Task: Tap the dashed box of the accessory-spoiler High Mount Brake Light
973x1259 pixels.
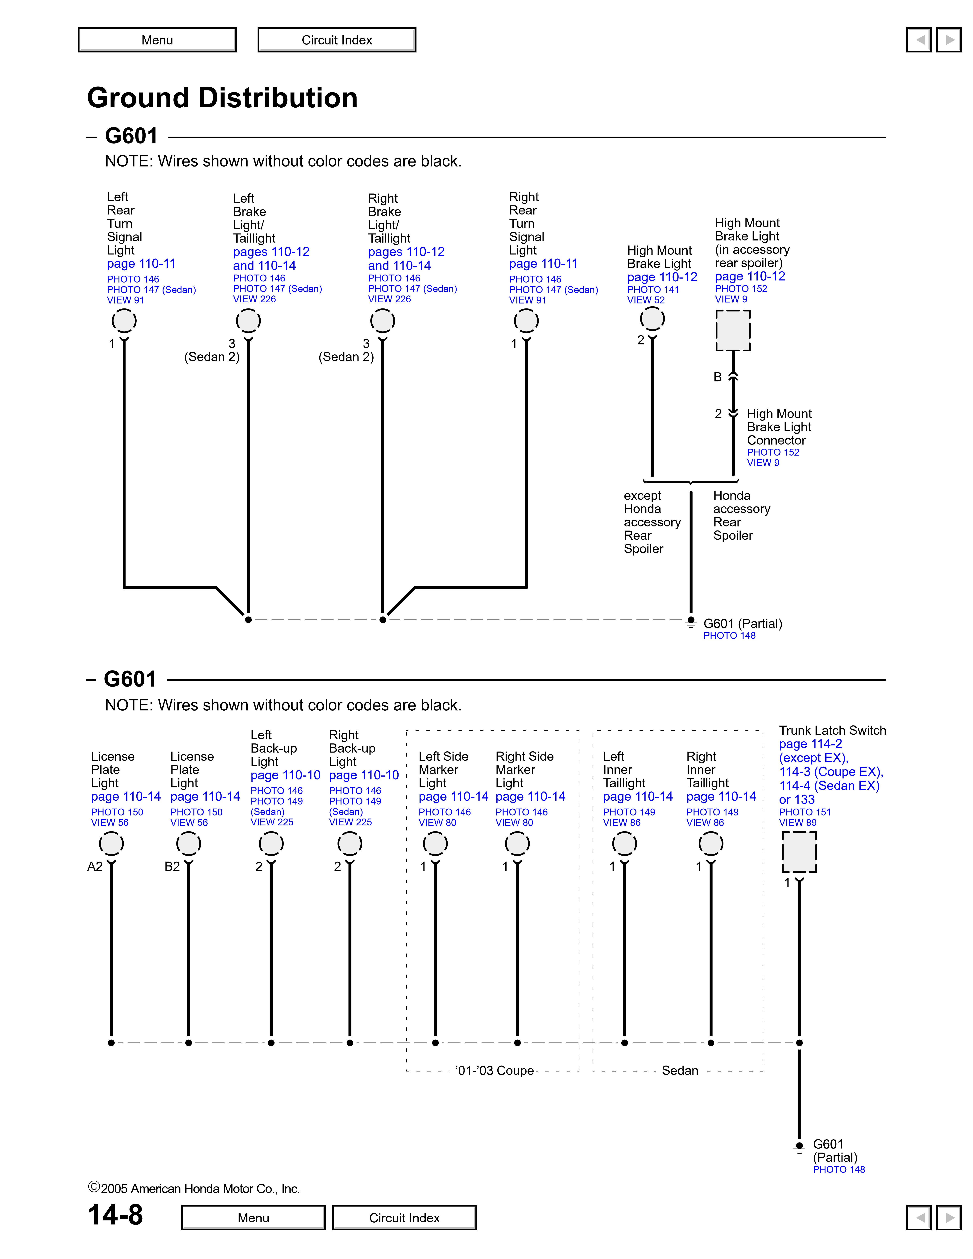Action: [733, 330]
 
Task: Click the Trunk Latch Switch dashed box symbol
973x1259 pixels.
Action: [799, 851]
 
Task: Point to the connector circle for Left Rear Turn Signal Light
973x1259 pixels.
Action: [124, 320]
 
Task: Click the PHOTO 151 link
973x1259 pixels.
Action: [805, 812]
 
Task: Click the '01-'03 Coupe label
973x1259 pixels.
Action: [495, 1071]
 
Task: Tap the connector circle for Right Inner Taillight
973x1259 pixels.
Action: [711, 844]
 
